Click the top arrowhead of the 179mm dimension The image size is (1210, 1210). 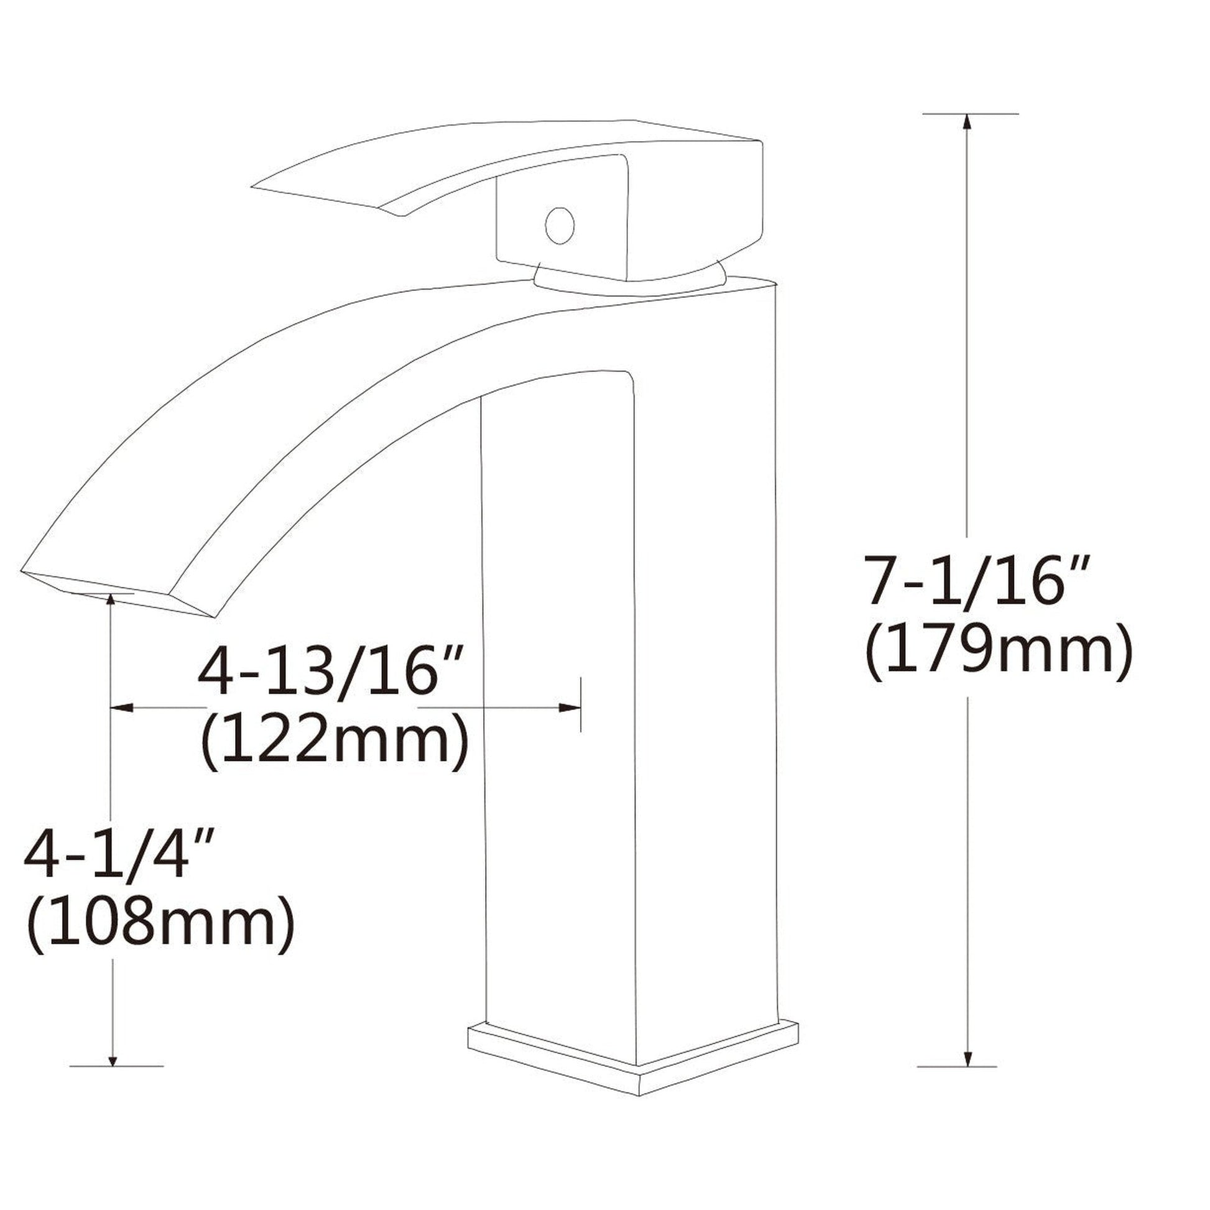[x=968, y=122]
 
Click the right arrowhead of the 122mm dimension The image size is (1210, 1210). [x=570, y=708]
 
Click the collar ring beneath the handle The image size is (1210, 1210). [x=629, y=285]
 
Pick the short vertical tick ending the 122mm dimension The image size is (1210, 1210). [x=581, y=704]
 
